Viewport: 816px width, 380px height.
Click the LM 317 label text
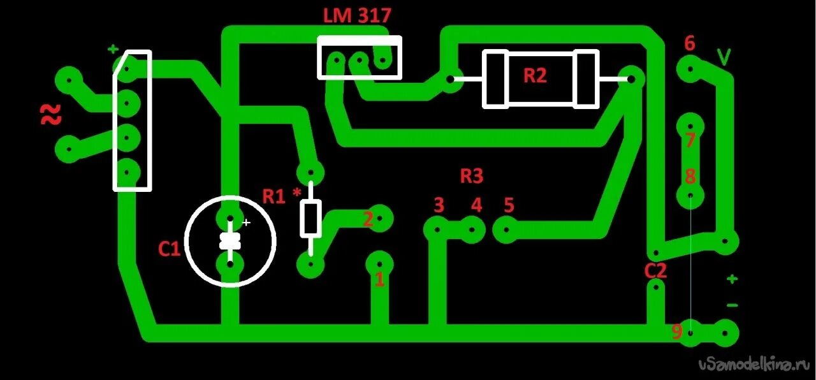[x=356, y=15]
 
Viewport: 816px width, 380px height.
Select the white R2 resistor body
[x=541, y=79]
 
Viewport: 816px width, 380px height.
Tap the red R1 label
[x=274, y=196]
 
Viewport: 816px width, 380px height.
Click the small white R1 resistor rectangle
[x=310, y=218]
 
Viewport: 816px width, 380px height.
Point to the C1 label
[x=169, y=249]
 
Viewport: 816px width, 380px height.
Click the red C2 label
[x=655, y=271]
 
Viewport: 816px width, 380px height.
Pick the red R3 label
[x=471, y=176]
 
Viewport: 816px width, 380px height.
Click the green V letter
[x=724, y=57]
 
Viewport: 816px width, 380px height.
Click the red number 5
[x=508, y=205]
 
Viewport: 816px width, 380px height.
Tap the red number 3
[x=439, y=205]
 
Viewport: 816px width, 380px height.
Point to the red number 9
[x=677, y=332]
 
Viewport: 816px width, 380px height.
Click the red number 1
[x=379, y=279]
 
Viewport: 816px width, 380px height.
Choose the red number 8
[x=690, y=177]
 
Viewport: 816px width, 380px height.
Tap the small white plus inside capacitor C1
[x=247, y=223]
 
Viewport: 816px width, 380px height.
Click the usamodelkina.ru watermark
[x=754, y=365]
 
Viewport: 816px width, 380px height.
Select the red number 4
[x=476, y=205]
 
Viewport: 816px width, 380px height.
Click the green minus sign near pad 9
[x=732, y=305]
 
